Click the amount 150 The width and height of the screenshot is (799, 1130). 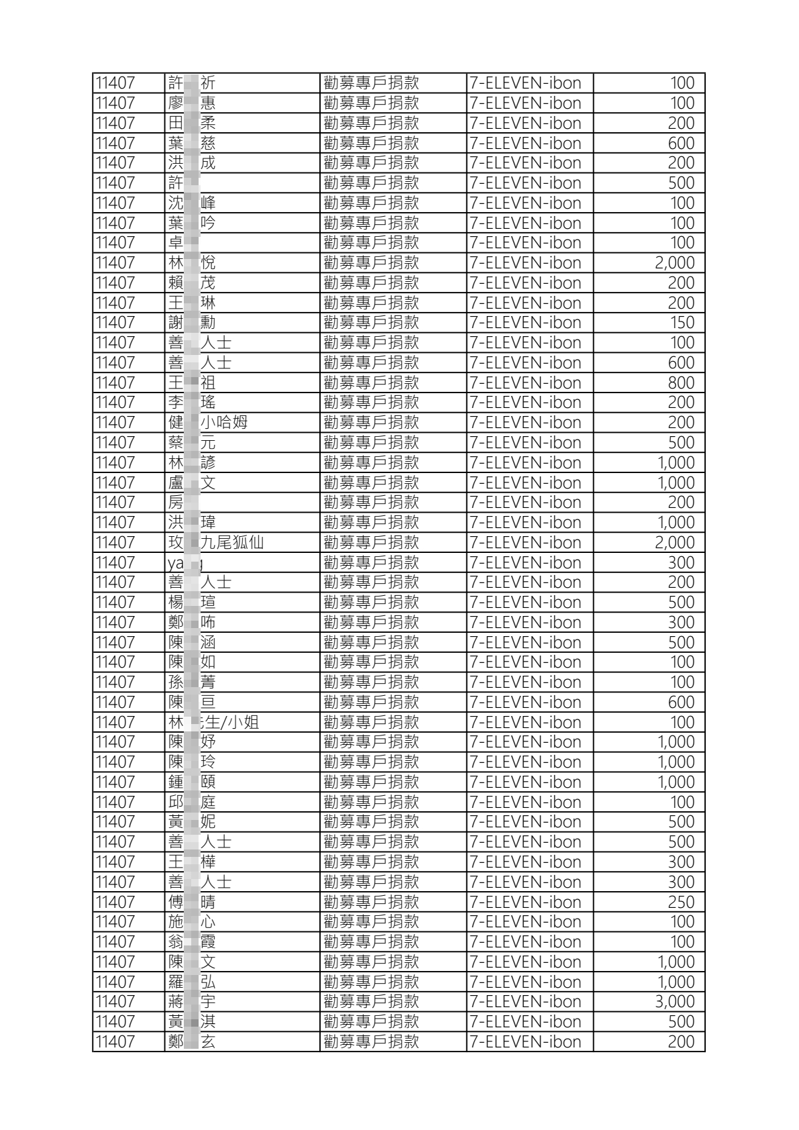pyautogui.click(x=682, y=323)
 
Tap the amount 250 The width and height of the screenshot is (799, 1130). pyautogui.click(x=680, y=902)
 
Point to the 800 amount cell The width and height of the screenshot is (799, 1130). pyautogui.click(x=680, y=382)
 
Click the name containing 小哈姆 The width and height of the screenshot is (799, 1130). pyautogui.click(x=207, y=423)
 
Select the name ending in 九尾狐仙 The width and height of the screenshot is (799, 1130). pyautogui.click(x=215, y=542)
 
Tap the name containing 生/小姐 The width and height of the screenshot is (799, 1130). pyautogui.click(x=213, y=722)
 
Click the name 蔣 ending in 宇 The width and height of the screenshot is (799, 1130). pyautogui.click(x=192, y=1002)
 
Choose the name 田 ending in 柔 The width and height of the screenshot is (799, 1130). pyautogui.click(x=192, y=123)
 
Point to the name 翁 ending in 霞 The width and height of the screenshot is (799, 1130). pyautogui.click(x=192, y=942)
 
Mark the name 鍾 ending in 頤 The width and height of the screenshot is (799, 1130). pyautogui.click(x=192, y=782)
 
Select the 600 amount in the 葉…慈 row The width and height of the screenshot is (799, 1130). pyautogui.click(x=680, y=143)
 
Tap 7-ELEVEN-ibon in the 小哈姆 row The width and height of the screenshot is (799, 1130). pyautogui.click(x=525, y=423)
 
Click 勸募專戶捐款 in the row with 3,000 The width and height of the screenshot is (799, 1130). pyautogui.click(x=371, y=1002)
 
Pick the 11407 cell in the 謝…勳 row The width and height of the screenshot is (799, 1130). pyautogui.click(x=115, y=323)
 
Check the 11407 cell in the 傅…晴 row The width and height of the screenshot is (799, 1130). pyautogui.click(x=115, y=902)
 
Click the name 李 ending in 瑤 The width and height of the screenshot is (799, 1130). pyautogui.click(x=192, y=403)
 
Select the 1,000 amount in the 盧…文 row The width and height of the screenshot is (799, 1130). pyautogui.click(x=676, y=482)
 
